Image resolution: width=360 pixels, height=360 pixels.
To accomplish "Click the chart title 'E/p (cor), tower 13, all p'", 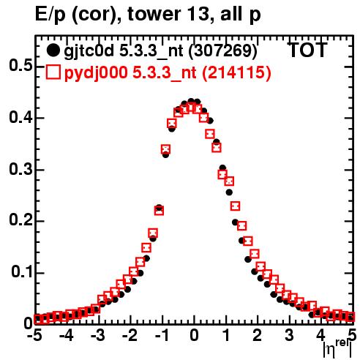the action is click(148, 15).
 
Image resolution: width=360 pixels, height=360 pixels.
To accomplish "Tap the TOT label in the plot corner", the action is click(308, 50).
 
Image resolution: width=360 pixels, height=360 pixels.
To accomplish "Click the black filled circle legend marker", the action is click(53, 50).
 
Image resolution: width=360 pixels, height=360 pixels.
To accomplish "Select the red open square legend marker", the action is click(53, 72).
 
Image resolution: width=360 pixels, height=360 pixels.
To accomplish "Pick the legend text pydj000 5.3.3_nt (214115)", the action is click(168, 73).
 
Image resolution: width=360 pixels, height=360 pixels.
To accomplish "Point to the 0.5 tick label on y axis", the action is click(21, 66).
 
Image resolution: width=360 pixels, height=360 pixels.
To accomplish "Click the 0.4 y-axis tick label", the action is click(21, 118).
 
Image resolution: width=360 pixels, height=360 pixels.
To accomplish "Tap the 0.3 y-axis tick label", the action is click(21, 169).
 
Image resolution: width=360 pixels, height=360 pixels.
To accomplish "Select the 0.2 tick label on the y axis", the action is click(21, 220).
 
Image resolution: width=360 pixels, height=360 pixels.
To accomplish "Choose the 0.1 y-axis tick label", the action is click(22, 272).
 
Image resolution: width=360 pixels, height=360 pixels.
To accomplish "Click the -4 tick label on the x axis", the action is click(66, 335).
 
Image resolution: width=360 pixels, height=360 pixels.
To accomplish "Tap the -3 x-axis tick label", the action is click(98, 335).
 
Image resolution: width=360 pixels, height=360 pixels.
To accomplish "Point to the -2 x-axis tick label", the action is click(130, 335).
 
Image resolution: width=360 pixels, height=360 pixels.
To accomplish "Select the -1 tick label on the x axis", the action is click(161, 335).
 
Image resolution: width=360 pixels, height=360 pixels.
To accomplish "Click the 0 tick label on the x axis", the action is click(194, 335).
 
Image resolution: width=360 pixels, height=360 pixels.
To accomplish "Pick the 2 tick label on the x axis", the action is click(258, 335).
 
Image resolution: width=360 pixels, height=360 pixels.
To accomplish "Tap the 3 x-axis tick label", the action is click(289, 335).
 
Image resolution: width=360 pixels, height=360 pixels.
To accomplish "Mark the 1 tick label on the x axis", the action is click(226, 335).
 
